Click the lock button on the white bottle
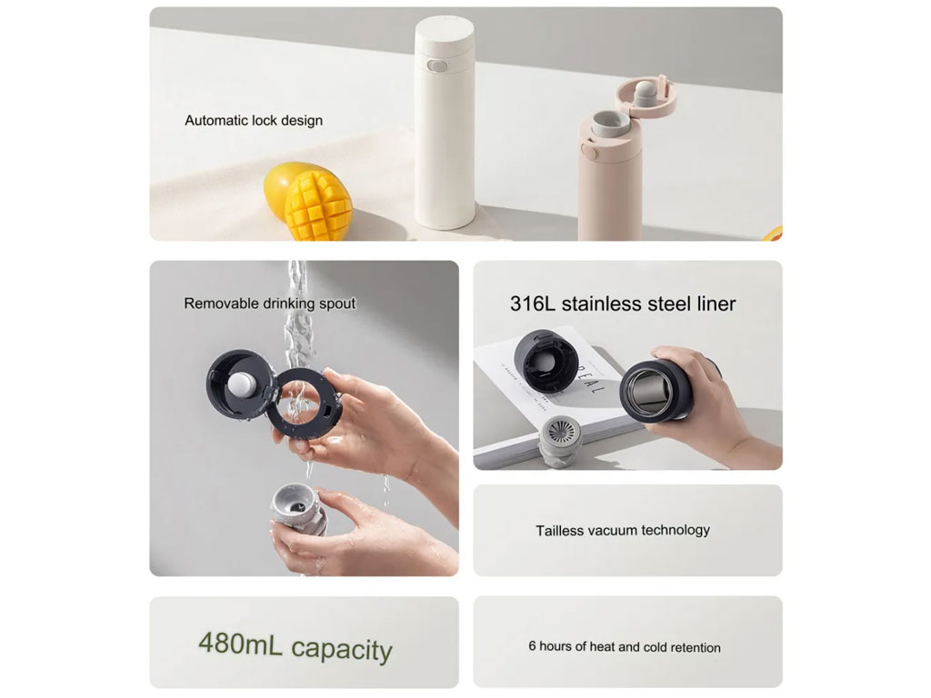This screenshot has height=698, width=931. pos(437,65)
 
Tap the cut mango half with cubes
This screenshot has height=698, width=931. pos(318,204)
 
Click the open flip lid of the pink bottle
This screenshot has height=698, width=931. pos(646,94)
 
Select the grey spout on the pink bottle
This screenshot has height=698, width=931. pos(610,122)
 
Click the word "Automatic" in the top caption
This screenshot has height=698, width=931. pos(215,121)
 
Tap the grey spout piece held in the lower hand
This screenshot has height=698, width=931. pos(299,511)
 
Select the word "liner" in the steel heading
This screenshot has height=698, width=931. pos(716,304)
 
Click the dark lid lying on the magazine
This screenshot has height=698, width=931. pos(546,362)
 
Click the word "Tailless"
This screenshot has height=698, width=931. pos(559,531)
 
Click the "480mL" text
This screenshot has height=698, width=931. pos(240,643)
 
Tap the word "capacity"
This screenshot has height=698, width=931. pos(342,650)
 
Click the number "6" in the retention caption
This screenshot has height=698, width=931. pos(532,646)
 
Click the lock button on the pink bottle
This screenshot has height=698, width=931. pos(589,152)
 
